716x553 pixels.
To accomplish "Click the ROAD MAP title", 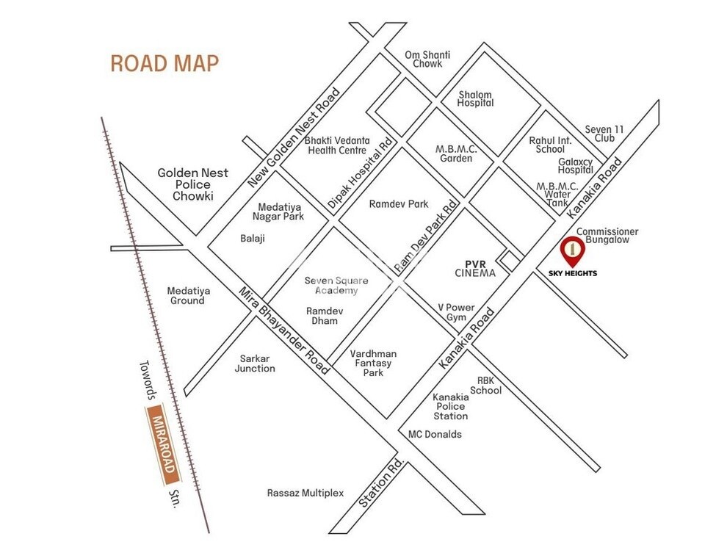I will coord(164,63).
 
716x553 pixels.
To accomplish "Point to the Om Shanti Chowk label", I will coord(428,59).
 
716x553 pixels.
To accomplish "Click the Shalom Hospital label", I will coord(475,99).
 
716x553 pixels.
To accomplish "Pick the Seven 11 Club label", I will coord(604,134).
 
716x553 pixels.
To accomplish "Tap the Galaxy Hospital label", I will coord(575,166).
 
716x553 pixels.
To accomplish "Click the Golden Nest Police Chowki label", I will coord(192,184).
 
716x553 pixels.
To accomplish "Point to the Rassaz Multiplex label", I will coord(305,493).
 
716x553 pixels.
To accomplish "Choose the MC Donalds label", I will coord(435,434).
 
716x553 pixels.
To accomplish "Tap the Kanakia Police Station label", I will coord(449,406).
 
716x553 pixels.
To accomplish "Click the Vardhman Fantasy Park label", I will coord(372,363).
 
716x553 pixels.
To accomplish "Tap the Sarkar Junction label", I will coord(255,364).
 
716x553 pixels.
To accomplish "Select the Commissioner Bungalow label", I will coord(607,236).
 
